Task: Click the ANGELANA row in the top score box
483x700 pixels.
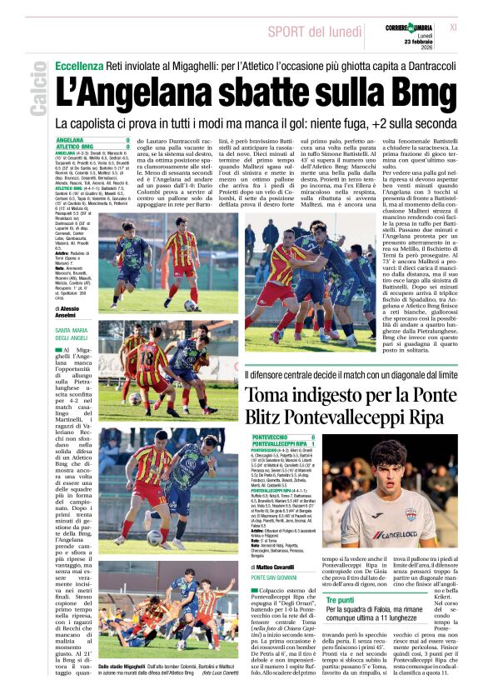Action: (92, 140)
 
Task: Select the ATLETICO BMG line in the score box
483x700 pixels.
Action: (92, 147)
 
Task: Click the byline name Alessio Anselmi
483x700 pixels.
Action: (80, 312)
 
